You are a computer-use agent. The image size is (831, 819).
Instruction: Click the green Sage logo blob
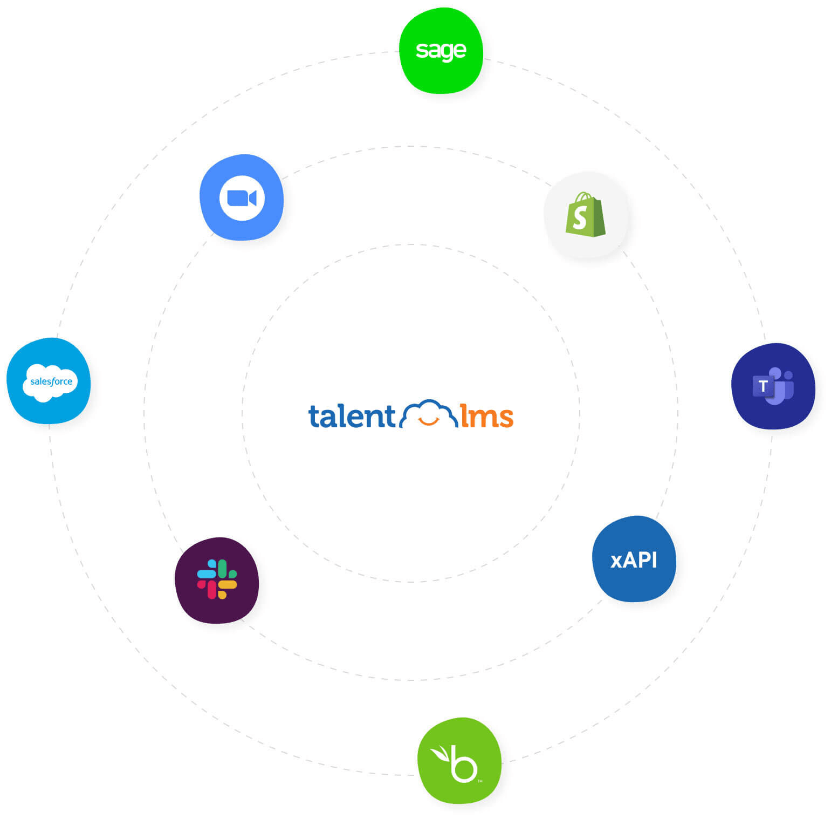[441, 51]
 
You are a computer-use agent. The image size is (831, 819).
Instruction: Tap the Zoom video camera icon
[241, 198]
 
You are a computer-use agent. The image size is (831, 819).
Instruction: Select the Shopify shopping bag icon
[585, 215]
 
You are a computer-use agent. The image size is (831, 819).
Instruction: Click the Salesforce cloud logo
[50, 382]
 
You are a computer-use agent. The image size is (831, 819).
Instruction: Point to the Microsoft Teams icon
[773, 386]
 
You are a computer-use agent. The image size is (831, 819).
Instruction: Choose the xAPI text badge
[634, 559]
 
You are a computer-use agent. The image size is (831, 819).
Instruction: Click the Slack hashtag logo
[217, 579]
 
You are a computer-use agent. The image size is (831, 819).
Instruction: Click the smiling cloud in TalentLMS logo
[428, 414]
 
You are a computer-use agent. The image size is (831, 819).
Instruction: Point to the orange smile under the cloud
[429, 421]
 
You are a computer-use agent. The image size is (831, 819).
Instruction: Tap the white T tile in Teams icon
[763, 386]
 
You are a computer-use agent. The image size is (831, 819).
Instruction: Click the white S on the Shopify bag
[580, 218]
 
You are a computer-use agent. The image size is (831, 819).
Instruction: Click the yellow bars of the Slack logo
[226, 588]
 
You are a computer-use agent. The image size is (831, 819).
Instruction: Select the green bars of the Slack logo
[226, 570]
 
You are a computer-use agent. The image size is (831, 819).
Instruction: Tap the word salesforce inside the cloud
[51, 381]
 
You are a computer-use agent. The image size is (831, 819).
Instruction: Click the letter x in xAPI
[616, 562]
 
